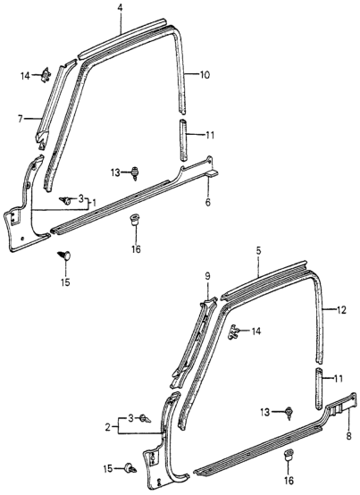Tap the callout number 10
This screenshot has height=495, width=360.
(205, 75)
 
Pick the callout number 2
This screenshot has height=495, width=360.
(109, 428)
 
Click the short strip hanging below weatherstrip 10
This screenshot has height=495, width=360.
(183, 138)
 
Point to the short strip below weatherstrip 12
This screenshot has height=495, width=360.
(319, 380)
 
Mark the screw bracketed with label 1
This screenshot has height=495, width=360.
(65, 199)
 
